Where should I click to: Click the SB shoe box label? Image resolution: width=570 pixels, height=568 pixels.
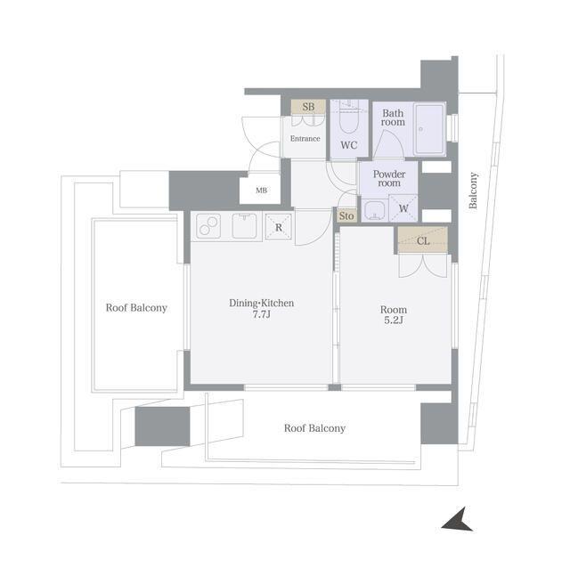(x=308, y=107)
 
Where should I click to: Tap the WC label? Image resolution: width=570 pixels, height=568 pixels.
(x=349, y=145)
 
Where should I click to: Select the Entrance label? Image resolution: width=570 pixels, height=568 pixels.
(x=305, y=139)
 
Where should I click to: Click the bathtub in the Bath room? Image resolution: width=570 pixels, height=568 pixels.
(x=430, y=129)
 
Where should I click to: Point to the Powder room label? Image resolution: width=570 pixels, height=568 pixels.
(x=389, y=178)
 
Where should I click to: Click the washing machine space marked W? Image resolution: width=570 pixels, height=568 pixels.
(x=403, y=208)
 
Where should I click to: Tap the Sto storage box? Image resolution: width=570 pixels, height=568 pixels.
(x=346, y=215)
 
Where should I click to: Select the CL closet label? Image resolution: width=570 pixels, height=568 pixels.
(x=423, y=241)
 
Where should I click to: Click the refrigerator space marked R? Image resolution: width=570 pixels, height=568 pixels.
(x=279, y=227)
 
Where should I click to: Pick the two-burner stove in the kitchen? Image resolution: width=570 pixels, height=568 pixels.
(x=208, y=226)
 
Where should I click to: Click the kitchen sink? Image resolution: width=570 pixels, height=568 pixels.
(x=244, y=226)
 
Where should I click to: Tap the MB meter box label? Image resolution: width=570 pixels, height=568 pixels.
(x=261, y=190)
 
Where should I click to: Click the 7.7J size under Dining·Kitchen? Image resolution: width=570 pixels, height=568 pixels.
(x=261, y=314)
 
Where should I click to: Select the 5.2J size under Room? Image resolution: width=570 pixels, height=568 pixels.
(x=394, y=321)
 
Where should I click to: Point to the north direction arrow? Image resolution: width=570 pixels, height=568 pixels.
(x=457, y=520)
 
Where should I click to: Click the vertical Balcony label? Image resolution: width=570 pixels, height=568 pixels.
(x=473, y=191)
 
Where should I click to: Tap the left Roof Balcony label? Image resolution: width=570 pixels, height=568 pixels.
(x=136, y=308)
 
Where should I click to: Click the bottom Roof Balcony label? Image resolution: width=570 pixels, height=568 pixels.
(x=314, y=428)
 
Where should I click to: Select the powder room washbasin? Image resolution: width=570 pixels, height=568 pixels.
(x=374, y=210)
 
